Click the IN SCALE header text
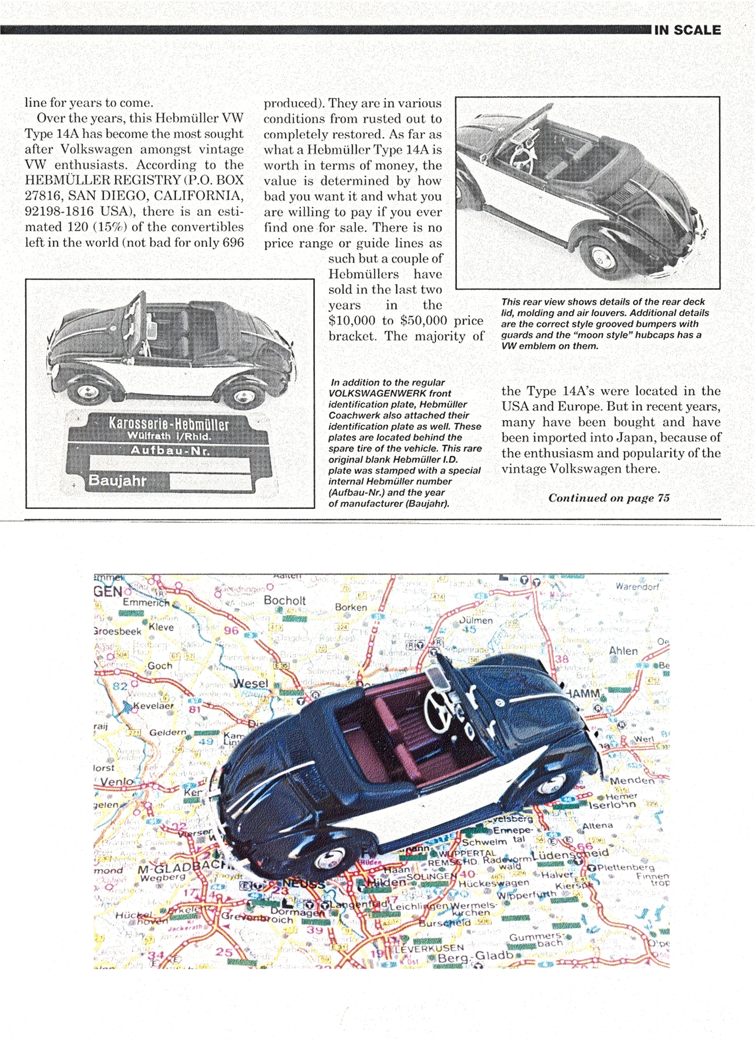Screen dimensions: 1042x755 click(687, 30)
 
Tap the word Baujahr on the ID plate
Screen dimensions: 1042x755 click(117, 481)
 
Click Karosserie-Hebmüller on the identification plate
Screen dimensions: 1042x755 click(168, 423)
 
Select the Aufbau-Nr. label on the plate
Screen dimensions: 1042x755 click(170, 450)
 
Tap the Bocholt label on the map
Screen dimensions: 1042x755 click(285, 601)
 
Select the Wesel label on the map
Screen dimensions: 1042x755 click(250, 683)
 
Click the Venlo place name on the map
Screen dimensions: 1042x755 click(117, 782)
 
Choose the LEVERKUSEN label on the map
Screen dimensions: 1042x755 click(430, 948)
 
